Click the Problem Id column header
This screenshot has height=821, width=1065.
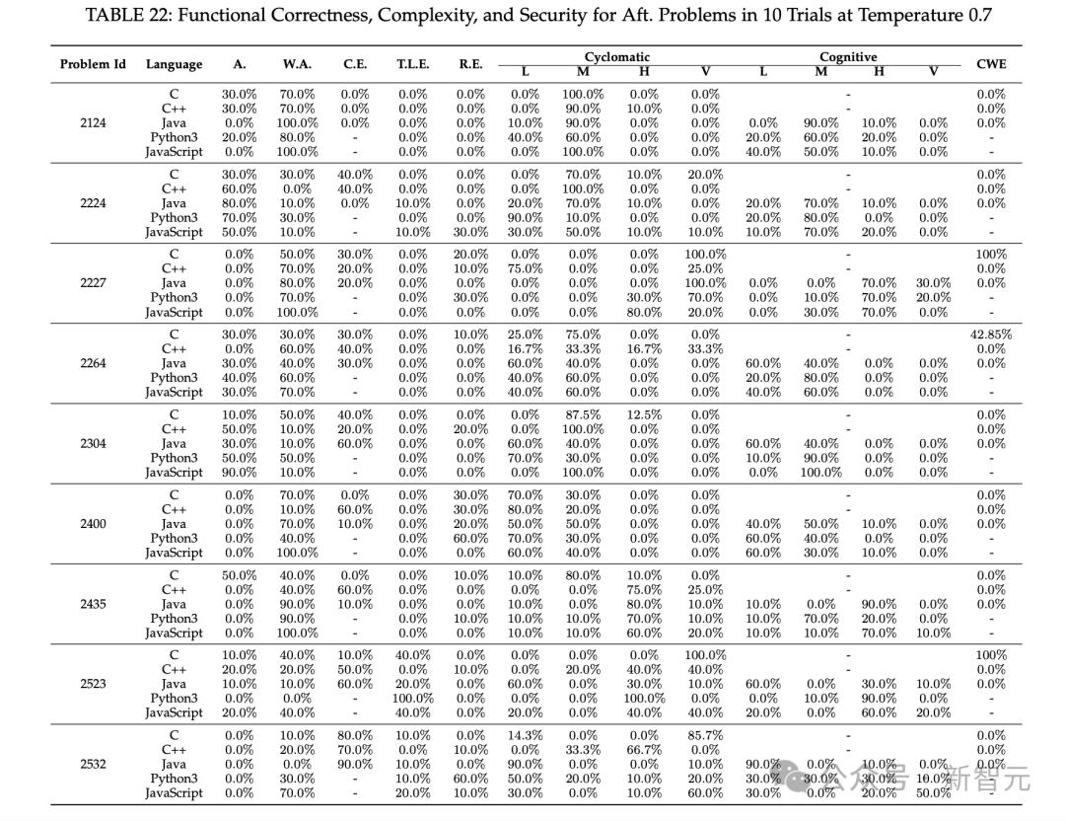pyautogui.click(x=93, y=64)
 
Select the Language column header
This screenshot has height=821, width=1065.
pyautogui.click(x=174, y=64)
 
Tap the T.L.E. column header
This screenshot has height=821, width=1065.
pyautogui.click(x=412, y=64)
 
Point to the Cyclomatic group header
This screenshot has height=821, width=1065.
pyautogui.click(x=616, y=57)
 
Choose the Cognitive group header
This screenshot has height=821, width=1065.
pyautogui.click(x=847, y=57)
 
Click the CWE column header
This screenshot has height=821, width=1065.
pyautogui.click(x=990, y=64)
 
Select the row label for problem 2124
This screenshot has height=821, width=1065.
pyautogui.click(x=93, y=123)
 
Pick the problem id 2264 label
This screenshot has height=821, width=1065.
pyautogui.click(x=93, y=363)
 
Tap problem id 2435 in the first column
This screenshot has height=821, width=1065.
pyautogui.click(x=93, y=604)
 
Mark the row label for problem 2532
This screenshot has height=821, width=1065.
pyautogui.click(x=93, y=764)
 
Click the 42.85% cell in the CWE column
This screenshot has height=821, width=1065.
pyautogui.click(x=990, y=335)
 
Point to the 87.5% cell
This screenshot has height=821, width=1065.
pyautogui.click(x=583, y=415)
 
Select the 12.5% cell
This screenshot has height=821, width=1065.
pyautogui.click(x=644, y=415)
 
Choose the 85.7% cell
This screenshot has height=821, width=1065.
pyautogui.click(x=704, y=735)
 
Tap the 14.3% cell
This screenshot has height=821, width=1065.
pyautogui.click(x=525, y=735)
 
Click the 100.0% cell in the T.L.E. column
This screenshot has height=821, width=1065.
pyautogui.click(x=412, y=699)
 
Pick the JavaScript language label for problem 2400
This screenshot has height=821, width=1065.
pyautogui.click(x=174, y=553)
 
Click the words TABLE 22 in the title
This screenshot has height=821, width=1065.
pyautogui.click(x=128, y=16)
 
